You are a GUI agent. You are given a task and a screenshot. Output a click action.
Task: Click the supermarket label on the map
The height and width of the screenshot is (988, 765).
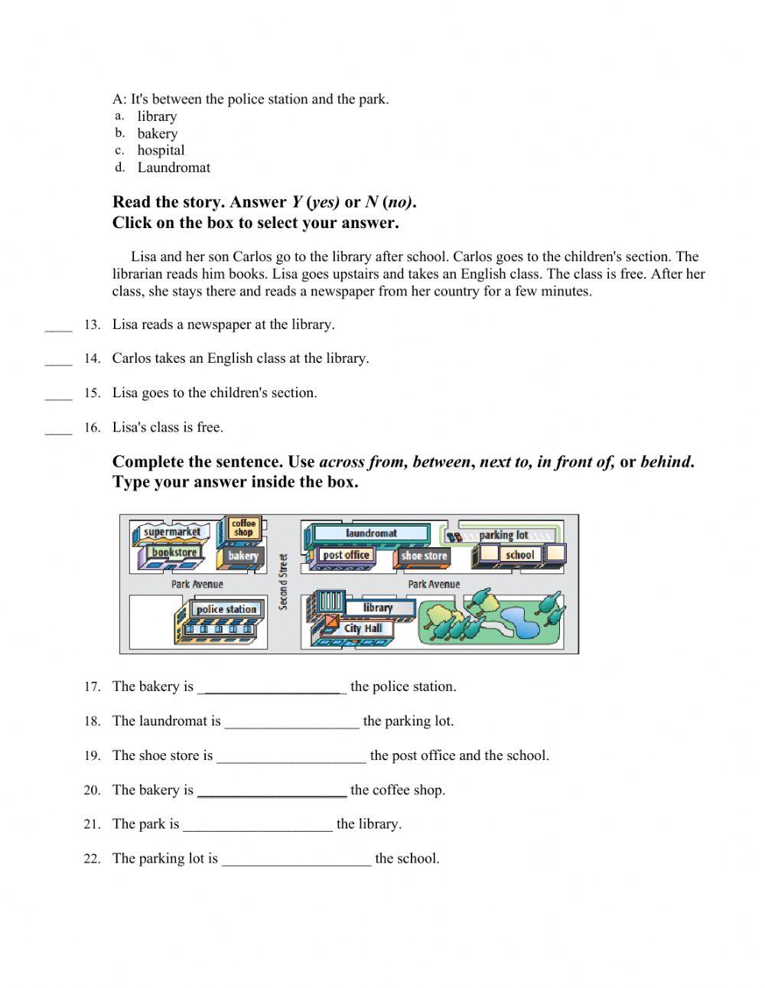[171, 532]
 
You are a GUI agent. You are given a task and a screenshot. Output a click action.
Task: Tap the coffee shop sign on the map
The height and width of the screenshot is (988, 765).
[243, 528]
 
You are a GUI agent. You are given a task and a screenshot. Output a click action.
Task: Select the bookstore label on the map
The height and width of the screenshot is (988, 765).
[174, 553]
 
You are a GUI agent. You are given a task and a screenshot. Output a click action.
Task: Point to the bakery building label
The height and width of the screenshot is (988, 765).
[243, 556]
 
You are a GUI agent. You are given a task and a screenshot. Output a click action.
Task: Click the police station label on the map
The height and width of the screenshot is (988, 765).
[226, 609]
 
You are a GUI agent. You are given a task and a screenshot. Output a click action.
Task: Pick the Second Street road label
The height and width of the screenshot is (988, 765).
[283, 582]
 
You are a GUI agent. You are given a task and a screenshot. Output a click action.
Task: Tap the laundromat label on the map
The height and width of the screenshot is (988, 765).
[371, 533]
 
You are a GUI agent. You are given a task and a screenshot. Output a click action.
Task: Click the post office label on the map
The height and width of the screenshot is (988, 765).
[346, 556]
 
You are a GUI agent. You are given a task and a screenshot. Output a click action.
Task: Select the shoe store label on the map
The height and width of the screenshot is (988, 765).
[424, 556]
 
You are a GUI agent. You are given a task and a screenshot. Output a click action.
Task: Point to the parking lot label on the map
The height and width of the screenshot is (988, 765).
[503, 535]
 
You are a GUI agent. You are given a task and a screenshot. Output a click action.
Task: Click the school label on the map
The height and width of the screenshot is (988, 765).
[519, 555]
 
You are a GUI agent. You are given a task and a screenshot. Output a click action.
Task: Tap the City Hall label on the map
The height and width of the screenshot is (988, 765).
[363, 628]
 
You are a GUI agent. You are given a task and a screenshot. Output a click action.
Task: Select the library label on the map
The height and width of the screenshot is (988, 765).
[378, 608]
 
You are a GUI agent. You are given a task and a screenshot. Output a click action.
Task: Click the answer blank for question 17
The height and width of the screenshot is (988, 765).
[272, 687]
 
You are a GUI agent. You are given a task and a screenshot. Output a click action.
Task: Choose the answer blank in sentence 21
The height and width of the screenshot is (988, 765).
[258, 824]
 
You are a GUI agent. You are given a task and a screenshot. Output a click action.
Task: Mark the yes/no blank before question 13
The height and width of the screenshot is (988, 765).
[58, 325]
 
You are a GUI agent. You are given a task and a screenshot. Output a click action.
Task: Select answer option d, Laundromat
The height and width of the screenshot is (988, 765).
[174, 168]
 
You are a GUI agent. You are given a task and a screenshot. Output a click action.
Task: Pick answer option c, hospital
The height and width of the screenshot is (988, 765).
[161, 151]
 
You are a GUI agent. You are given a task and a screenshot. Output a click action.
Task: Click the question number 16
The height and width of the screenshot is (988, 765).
[92, 428]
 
